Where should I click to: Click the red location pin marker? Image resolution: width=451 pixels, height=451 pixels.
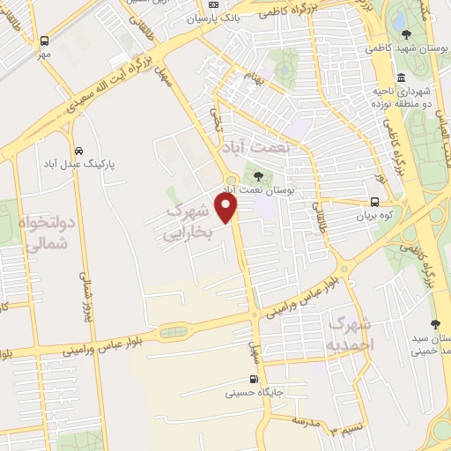pos(227,208)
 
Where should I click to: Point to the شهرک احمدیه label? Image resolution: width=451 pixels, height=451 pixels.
pos(350,333)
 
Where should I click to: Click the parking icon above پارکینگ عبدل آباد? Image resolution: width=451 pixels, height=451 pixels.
pos(78,150)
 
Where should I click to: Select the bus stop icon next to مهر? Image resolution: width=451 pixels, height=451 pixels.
pos(44,41)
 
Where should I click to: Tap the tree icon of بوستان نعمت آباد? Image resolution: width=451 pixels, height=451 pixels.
pos(258,176)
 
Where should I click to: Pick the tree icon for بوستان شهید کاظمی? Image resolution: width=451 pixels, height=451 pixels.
pos(406,34)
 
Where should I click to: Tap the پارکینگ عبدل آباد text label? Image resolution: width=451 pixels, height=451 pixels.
pos(78,165)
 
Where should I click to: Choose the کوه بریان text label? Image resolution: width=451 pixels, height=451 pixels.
pos(385,214)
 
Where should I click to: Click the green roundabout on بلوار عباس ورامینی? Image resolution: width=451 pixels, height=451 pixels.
pos(173,333)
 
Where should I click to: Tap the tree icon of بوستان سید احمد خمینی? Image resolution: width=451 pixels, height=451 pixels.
pos(435,323)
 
